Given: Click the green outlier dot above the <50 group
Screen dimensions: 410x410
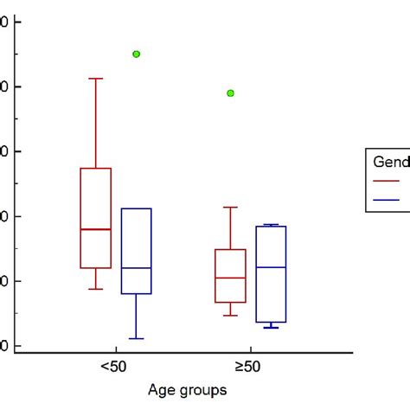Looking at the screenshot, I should coord(137,54).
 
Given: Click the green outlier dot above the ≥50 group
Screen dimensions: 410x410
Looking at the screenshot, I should coord(231,93).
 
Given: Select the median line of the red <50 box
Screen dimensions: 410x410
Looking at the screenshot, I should coord(96,229).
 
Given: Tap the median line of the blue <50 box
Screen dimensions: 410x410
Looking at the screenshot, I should coord(137,268).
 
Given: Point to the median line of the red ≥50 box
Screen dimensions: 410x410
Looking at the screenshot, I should coord(230,278).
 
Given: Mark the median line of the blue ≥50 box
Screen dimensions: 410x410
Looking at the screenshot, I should coord(272,267).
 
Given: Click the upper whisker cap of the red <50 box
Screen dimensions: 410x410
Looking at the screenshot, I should coord(96,79).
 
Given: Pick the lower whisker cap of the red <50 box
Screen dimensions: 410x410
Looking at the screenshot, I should coord(96,289).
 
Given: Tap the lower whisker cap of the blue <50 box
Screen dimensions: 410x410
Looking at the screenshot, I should coord(137,338).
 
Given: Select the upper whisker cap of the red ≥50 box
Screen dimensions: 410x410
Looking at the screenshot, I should coord(230,207).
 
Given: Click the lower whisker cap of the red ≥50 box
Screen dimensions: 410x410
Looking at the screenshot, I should coord(230,316).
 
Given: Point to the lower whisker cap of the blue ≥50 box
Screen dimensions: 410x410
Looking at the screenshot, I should coord(272,328).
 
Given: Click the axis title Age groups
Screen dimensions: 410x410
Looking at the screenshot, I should coord(187,390).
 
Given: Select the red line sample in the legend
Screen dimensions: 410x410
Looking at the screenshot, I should coord(387,181).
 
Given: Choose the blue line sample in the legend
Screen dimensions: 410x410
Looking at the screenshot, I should coord(387,200).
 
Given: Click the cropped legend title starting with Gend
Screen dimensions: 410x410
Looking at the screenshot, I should coord(390,162).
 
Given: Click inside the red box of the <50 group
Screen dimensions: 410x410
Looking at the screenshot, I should coord(96,199).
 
